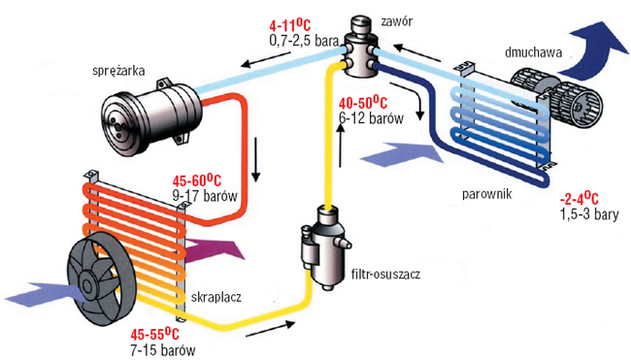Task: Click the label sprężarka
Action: [x=118, y=71]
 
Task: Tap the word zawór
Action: [x=397, y=21]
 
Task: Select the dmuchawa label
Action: [x=533, y=52]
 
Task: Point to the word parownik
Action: [x=487, y=194]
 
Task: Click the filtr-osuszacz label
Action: [x=386, y=275]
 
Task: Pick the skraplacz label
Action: [x=216, y=297]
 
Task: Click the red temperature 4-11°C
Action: [x=289, y=26]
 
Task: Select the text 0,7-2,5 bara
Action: [x=304, y=41]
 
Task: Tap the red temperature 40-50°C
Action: [x=363, y=104]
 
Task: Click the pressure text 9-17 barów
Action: [x=205, y=196]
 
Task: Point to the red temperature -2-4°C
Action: [x=580, y=199]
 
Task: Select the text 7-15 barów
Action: [x=163, y=349]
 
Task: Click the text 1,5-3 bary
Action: [x=589, y=214]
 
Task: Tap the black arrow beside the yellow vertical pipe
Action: [x=341, y=145]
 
